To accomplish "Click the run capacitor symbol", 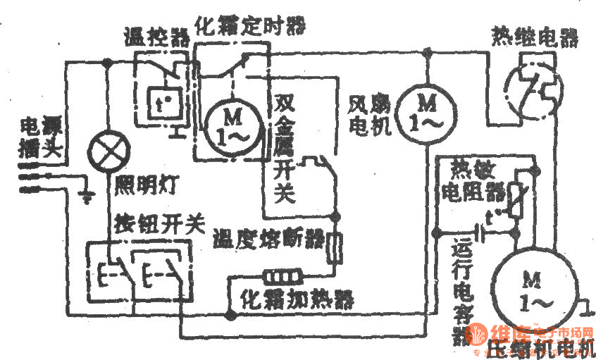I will pyautogui.click(x=483, y=230).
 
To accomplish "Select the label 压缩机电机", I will pyautogui.click(x=540, y=347).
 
